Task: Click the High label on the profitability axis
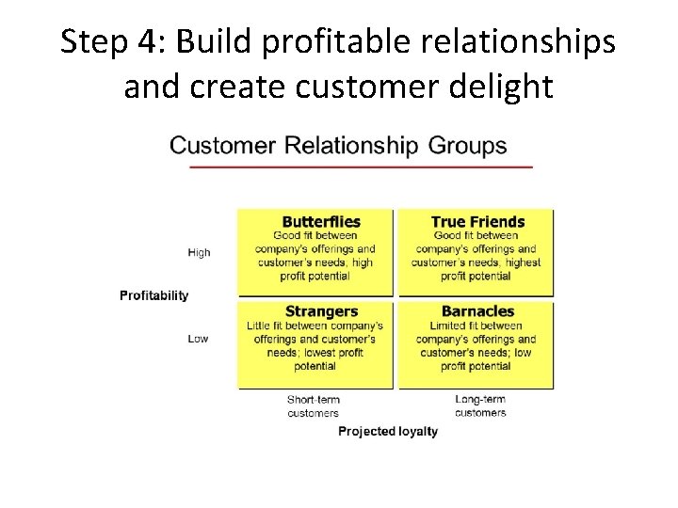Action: coord(200,252)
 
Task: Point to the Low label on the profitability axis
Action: coord(198,339)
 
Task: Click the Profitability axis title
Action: coord(154,295)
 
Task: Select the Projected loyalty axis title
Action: coord(388,432)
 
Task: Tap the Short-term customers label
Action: coord(313,406)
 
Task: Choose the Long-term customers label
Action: coord(480,406)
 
